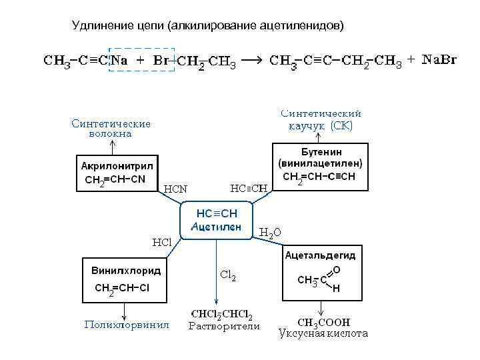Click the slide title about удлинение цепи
pos(209,26)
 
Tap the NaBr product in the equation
pos(440,61)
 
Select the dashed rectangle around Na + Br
pos(142,60)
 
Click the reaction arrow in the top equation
pos(251,61)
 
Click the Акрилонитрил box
pos(117,172)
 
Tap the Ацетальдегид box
pos(320,274)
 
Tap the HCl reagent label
pos(162,241)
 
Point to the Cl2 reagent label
pos(228,275)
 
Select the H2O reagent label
pos(270,232)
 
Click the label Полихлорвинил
pos(127,325)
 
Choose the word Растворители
pos(224,326)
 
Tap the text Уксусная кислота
pos(323,333)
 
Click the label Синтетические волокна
pos(111,128)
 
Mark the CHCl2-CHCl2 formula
pos(221,314)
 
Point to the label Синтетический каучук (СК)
pos(321,119)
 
